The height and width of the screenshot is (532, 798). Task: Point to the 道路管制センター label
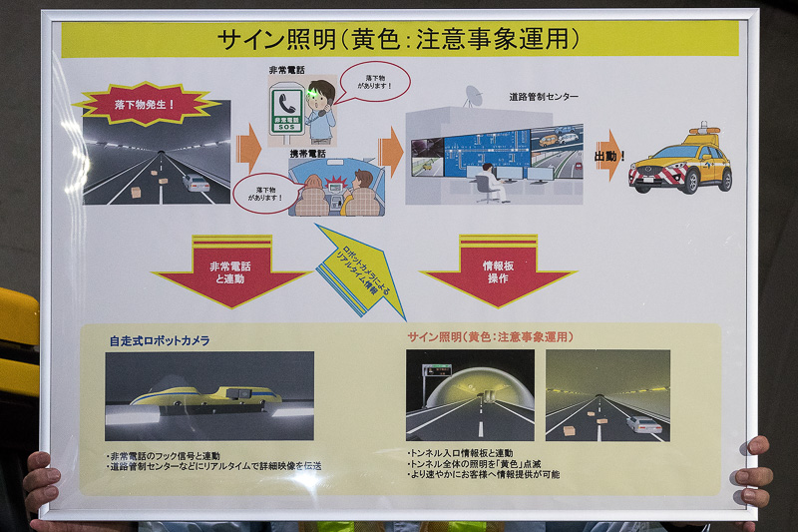tap(543, 97)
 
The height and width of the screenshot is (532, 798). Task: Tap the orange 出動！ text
tap(609, 157)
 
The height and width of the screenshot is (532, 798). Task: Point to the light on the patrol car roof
tap(703, 130)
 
